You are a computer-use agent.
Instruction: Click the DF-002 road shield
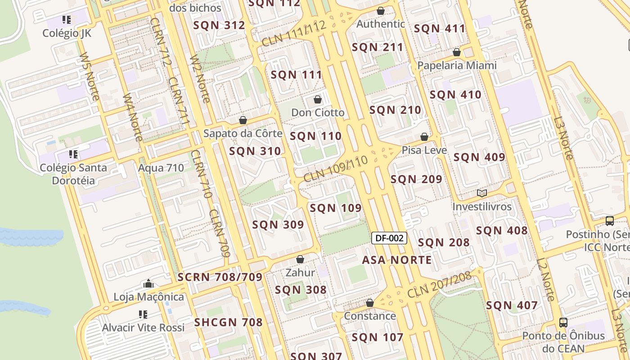(x=389, y=238)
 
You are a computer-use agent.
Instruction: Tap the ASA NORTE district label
(x=397, y=260)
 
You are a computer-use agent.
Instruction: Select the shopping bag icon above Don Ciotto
(x=318, y=99)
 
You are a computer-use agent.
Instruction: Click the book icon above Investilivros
(x=482, y=193)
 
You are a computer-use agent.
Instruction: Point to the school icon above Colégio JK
(x=67, y=20)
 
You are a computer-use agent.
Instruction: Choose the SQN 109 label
(x=336, y=208)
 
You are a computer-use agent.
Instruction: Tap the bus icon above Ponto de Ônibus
(x=563, y=322)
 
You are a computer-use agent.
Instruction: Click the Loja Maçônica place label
(x=148, y=297)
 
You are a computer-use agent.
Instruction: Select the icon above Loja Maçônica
(x=148, y=284)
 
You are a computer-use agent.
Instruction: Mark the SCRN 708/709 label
(x=220, y=277)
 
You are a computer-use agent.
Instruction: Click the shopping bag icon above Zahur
(x=300, y=260)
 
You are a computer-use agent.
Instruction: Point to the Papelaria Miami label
(x=457, y=66)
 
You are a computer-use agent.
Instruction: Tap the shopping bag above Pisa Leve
(x=424, y=137)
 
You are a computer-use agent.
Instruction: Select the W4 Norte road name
(x=133, y=117)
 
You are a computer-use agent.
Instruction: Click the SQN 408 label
(x=502, y=231)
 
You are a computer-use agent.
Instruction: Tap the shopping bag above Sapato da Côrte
(x=243, y=120)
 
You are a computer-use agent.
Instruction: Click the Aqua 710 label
(x=161, y=168)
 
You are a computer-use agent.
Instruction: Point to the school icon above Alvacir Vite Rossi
(x=143, y=314)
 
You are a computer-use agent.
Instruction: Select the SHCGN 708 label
(x=228, y=322)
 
